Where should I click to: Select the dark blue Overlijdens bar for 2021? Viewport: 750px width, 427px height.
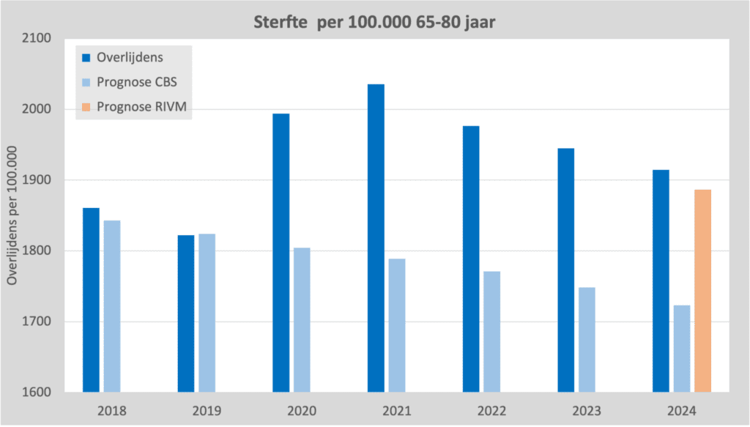tap(376, 238)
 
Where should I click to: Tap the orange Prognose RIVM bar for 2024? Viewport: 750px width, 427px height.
tap(702, 291)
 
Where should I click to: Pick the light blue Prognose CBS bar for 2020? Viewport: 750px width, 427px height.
tap(302, 319)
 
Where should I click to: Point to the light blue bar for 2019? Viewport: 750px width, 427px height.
tap(207, 313)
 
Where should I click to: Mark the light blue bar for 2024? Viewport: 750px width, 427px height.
tap(682, 349)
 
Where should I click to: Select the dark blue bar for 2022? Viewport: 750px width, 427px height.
tap(471, 259)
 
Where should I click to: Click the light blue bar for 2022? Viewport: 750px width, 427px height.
tap(491, 332)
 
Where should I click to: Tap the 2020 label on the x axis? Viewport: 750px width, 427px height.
tap(302, 410)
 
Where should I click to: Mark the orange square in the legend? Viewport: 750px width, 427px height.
tap(86, 107)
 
